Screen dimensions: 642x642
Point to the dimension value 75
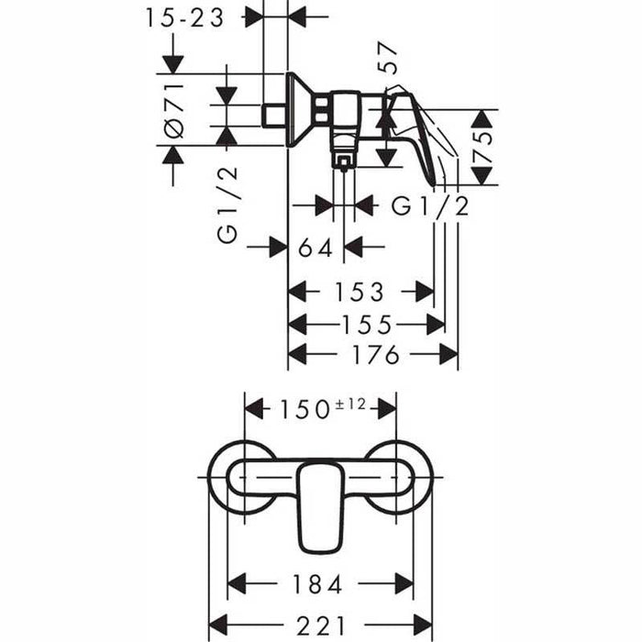click(482, 147)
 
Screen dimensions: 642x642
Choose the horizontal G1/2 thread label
click(430, 206)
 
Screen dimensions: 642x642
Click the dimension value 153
click(360, 293)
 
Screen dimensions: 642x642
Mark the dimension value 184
click(319, 583)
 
